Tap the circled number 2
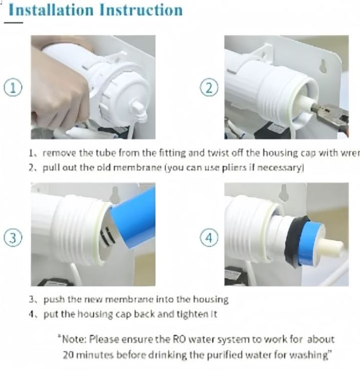point(209,88)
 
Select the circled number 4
point(209,237)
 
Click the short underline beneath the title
point(14,23)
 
